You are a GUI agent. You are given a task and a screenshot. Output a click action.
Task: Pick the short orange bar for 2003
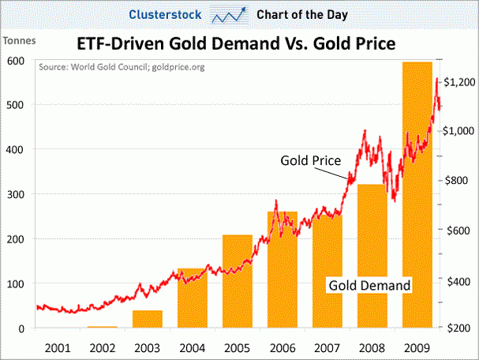pyautogui.click(x=147, y=319)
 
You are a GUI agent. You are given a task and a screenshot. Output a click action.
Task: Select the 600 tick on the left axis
pyautogui.click(x=14, y=60)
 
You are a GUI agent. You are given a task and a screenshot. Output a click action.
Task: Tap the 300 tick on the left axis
pyautogui.click(x=14, y=194)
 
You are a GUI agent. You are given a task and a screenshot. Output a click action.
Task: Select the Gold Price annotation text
pyautogui.click(x=310, y=160)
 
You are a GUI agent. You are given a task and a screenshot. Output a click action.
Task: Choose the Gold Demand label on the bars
pyautogui.click(x=369, y=284)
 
